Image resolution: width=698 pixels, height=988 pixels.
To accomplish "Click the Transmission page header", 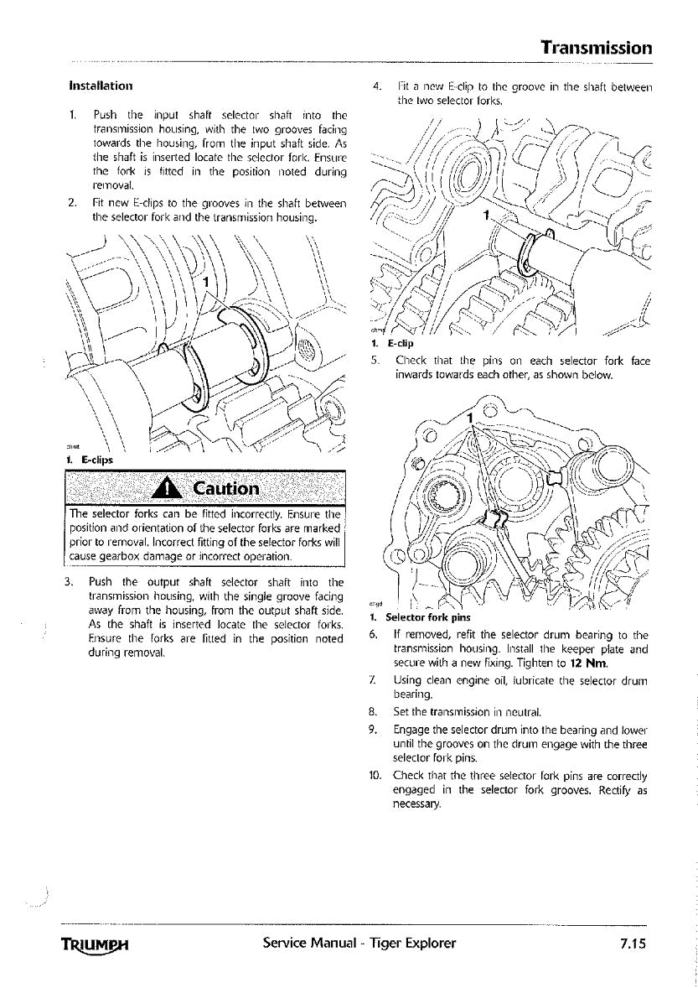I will pos(596,47).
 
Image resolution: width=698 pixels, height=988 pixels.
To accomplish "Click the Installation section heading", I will pos(100,86).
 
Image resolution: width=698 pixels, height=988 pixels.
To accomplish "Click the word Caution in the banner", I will pos(225,488).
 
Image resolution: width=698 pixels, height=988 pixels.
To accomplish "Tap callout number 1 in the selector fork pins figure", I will pos(471,417).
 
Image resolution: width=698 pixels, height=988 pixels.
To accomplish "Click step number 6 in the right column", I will pos(374,635).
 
